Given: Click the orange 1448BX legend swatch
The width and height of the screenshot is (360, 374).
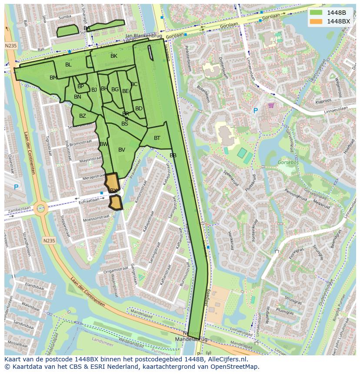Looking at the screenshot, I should (316, 21).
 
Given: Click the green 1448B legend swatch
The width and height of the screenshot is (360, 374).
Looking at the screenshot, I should (316, 13).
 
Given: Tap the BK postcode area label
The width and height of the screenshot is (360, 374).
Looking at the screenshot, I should (114, 56).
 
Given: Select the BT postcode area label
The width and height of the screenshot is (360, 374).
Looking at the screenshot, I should (157, 138).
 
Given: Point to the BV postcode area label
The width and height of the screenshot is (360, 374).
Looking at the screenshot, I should (122, 150).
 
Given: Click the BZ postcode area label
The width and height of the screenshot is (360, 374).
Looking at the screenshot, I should (83, 116).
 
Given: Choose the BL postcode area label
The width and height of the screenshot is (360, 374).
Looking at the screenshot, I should (68, 65).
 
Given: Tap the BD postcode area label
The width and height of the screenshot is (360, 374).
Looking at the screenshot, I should (139, 109).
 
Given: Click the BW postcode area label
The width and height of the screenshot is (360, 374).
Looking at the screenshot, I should (103, 144).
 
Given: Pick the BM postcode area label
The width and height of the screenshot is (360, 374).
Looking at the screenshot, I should (53, 78).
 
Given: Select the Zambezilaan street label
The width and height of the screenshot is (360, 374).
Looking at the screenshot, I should (19, 209).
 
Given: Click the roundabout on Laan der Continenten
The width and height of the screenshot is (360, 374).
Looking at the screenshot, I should (40, 208).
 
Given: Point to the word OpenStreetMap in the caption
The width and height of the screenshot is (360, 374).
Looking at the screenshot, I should (235, 367).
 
